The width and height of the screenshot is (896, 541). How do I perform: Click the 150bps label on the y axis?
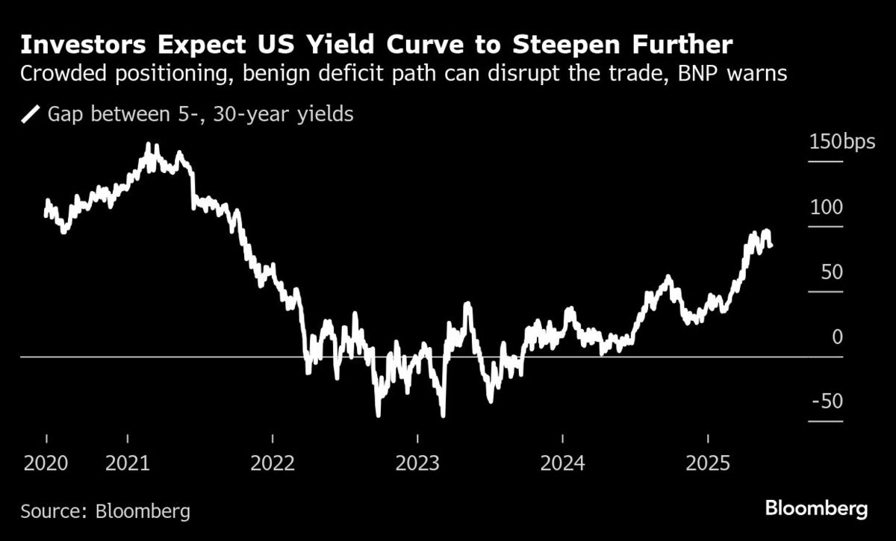point(841,142)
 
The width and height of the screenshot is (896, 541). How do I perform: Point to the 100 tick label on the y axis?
point(826,207)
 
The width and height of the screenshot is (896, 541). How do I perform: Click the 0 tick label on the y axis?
point(836,337)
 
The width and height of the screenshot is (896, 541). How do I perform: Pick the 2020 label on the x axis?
point(46,463)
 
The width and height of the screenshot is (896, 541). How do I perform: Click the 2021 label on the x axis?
point(128,463)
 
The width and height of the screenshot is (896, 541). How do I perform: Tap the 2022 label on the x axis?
point(273,463)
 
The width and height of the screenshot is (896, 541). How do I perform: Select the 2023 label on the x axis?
point(417,463)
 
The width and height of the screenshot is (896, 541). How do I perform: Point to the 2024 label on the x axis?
point(562,463)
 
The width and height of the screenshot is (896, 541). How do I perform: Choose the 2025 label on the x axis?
point(707,463)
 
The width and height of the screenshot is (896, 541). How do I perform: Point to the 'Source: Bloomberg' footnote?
point(105,512)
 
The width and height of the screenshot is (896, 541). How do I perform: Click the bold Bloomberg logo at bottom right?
point(817,510)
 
